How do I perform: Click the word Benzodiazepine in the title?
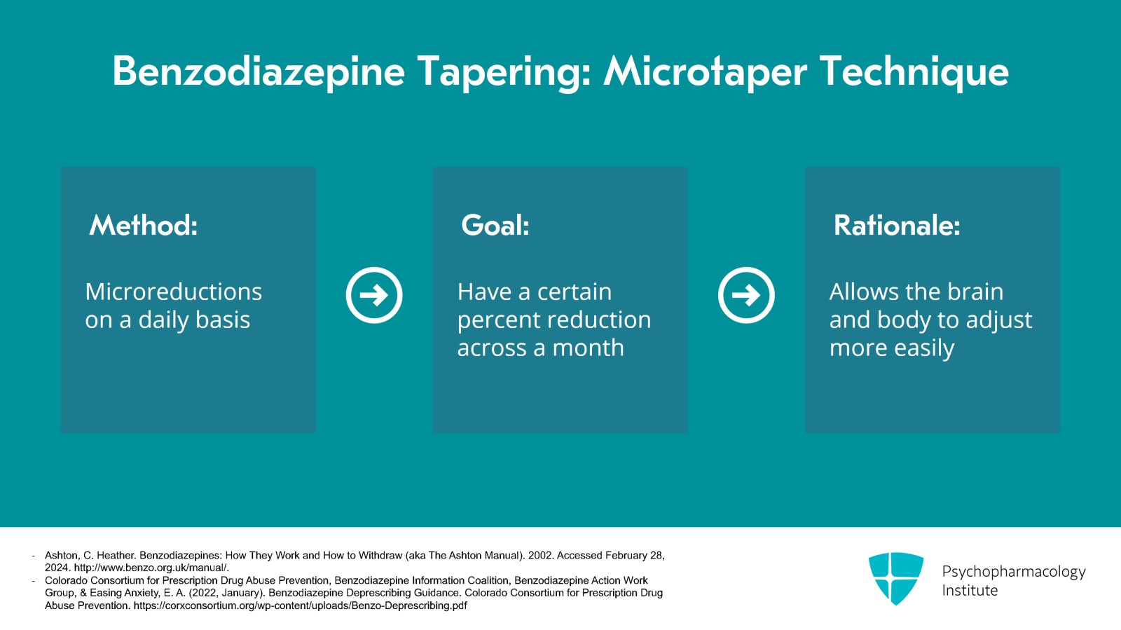[259, 73]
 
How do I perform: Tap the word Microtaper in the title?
[706, 73]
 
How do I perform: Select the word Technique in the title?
[915, 73]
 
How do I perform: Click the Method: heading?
[143, 225]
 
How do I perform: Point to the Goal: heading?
[495, 225]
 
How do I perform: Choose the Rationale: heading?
[897, 225]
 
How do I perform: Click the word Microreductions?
[173, 292]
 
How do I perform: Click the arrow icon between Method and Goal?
[374, 295]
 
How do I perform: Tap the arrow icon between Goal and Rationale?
[746, 295]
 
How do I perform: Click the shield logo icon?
[896, 578]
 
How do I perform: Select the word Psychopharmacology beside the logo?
[1014, 572]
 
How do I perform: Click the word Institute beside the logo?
[970, 591]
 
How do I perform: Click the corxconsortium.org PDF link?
[301, 605]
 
